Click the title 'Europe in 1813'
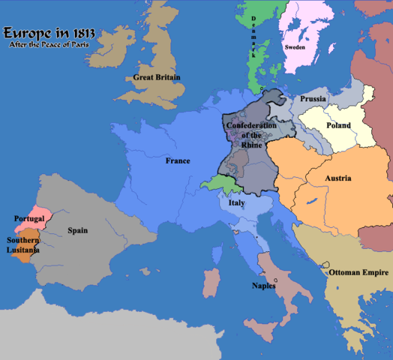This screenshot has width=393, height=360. (x=46, y=34)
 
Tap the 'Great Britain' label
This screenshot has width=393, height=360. (x=158, y=77)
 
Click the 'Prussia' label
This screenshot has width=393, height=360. (x=312, y=99)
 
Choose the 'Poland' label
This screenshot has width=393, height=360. (x=338, y=125)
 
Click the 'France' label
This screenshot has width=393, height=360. (x=178, y=160)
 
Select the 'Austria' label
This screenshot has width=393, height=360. (x=339, y=178)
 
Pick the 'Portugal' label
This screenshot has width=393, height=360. (x=30, y=218)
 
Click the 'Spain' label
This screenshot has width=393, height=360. (x=77, y=231)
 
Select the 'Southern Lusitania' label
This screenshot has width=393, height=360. (x=23, y=245)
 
